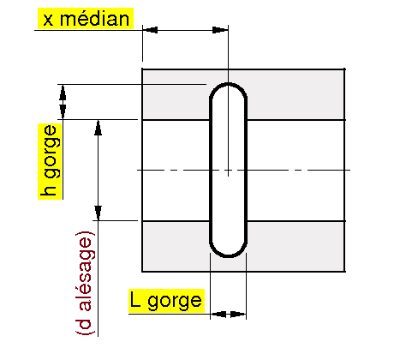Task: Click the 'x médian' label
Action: pos(86,19)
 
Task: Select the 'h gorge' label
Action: pos(51,161)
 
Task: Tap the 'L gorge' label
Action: pos(166,301)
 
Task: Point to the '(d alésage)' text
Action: pos(85,282)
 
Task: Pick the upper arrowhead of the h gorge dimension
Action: pos(63,93)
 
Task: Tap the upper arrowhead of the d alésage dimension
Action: pos(98,128)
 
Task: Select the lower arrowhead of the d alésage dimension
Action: pos(98,213)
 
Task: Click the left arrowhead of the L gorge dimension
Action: pos(218,315)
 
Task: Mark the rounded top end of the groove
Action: pos(228,89)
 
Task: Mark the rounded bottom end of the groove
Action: pos(228,251)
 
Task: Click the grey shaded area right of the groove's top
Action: pos(295,95)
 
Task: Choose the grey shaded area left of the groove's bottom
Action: pos(176,246)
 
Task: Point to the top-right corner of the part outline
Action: pos(344,69)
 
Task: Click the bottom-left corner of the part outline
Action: pos(142,271)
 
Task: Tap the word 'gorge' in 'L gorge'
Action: pos(175,302)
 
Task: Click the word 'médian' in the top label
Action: pos(95,19)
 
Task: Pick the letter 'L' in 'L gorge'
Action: pos(135,299)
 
